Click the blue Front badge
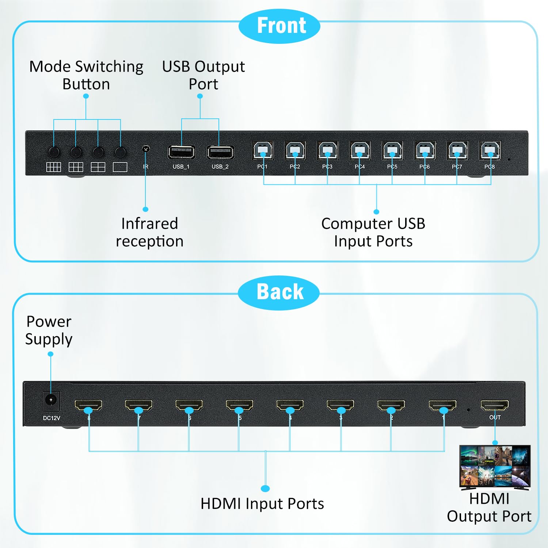point(279,26)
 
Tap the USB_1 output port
point(181,152)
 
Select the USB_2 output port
point(220,152)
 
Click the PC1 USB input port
point(263,150)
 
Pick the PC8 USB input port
point(490,150)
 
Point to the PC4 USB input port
point(360,150)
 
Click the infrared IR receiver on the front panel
point(146,149)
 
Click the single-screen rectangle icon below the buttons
point(120,167)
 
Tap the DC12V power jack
point(51,400)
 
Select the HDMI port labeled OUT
point(495,405)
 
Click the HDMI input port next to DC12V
point(88,405)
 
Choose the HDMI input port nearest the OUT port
point(442,405)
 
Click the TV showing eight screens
point(495,467)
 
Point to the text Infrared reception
point(149,232)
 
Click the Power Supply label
point(49,330)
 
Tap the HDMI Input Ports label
point(262,503)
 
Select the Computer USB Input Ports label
point(373,232)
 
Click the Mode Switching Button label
point(86,75)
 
